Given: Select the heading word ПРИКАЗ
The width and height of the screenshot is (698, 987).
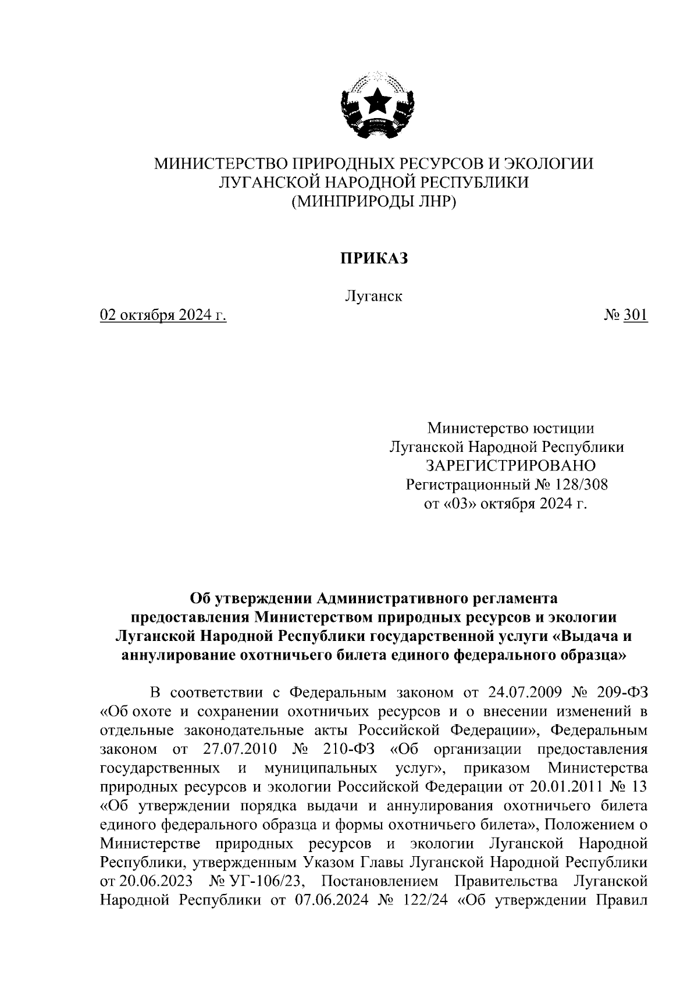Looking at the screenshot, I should click(374, 258).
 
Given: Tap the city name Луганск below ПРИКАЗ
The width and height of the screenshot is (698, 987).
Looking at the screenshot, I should click(374, 296).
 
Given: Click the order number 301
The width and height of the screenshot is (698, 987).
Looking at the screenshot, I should click(635, 315).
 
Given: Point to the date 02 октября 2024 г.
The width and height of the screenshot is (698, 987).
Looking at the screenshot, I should click(163, 315).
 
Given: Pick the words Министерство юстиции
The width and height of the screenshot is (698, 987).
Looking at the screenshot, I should click(511, 429).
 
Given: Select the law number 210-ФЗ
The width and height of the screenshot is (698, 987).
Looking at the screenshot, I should click(330, 749).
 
